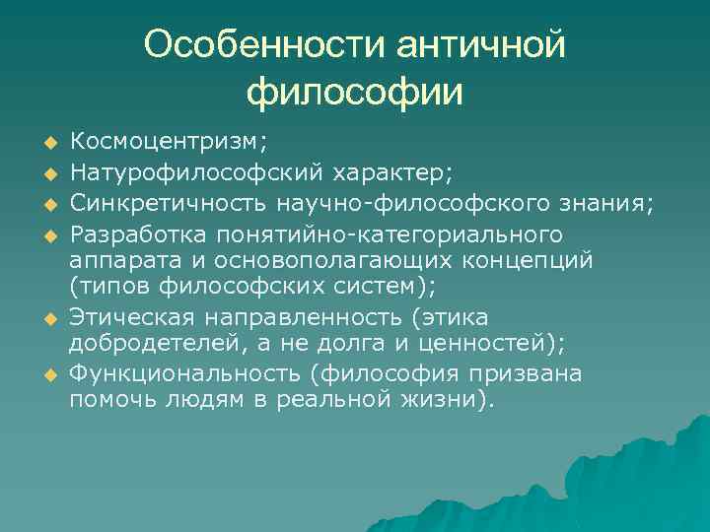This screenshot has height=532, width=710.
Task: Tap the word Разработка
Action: tap(139, 234)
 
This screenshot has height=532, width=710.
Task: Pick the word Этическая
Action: tap(130, 317)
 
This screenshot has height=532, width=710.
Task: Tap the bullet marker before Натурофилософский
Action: tap(45, 175)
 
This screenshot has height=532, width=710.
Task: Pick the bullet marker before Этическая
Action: tap(45, 319)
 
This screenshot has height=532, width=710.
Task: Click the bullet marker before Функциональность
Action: tap(45, 376)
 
